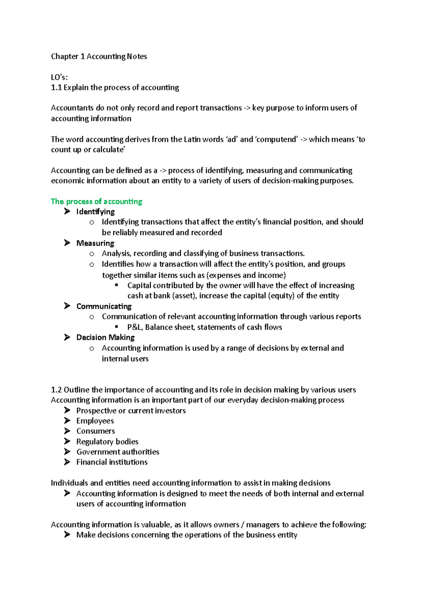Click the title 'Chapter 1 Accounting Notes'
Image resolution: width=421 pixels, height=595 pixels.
[99, 56]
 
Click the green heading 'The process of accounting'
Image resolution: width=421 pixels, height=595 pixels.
[96, 201]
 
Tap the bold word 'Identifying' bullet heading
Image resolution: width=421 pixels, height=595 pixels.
[95, 212]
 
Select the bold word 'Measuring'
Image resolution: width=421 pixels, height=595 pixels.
[95, 243]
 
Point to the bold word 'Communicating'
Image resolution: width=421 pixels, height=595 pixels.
[104, 306]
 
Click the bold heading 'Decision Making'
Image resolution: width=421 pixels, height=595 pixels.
[106, 337]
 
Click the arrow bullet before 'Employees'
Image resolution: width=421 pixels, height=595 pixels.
[67, 420]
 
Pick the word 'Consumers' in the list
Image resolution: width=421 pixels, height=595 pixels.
[96, 431]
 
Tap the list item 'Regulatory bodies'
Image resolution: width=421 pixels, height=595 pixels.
[107, 442]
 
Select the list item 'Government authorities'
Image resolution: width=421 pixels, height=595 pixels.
[118, 452]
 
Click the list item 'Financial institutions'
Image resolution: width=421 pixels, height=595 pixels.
[112, 462]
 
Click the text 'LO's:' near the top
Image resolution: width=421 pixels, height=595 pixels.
[59, 77]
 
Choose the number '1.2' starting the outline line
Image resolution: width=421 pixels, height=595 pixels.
[56, 390]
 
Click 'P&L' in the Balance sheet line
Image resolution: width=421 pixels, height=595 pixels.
[135, 327]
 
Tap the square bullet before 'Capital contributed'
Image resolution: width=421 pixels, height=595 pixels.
[117, 285]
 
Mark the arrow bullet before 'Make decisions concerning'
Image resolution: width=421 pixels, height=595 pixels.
[67, 535]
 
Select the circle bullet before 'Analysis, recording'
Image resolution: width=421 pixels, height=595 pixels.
[92, 254]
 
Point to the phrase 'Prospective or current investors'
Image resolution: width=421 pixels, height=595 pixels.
[131, 411]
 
